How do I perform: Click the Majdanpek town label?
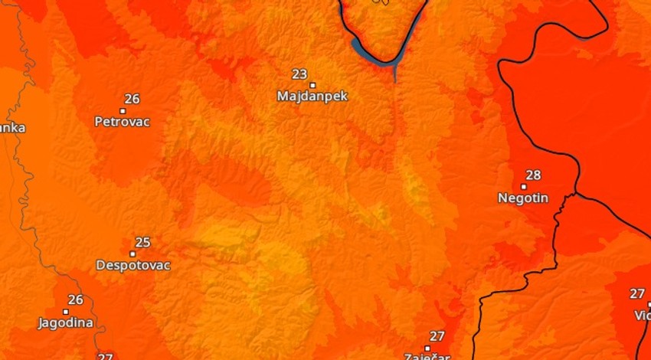click(312, 97)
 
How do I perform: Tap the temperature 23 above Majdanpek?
click(299, 74)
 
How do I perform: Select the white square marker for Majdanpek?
click(312, 85)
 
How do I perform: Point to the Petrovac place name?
click(122, 121)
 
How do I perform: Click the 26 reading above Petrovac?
click(132, 99)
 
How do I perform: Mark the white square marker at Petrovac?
click(123, 110)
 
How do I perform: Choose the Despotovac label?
click(132, 265)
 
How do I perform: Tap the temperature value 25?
click(142, 243)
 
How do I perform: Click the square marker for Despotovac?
click(132, 254)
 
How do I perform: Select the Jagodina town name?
click(66, 322)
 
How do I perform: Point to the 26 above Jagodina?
click(75, 300)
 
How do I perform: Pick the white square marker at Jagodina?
click(66, 312)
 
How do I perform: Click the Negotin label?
click(523, 198)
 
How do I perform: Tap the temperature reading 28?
click(533, 175)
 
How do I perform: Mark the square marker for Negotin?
click(524, 186)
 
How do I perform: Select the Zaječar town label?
click(427, 356)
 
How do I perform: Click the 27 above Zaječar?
click(437, 336)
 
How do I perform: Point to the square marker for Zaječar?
click(427, 348)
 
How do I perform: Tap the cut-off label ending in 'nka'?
click(11, 128)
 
